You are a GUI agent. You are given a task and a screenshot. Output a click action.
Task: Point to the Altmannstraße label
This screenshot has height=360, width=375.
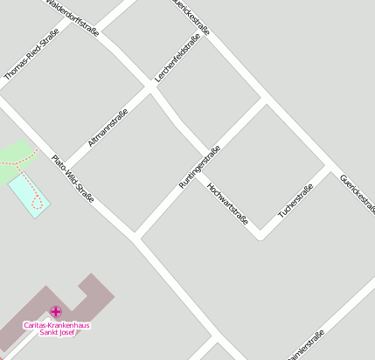point(108,127)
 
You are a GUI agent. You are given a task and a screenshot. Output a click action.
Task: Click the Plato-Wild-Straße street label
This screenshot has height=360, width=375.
point(73,178)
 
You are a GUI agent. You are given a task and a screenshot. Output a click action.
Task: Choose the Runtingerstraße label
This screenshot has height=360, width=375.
point(199,167)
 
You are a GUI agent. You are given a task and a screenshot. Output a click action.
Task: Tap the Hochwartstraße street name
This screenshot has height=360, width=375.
point(227,204)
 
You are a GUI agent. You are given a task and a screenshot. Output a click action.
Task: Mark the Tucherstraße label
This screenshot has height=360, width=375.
point(295,202)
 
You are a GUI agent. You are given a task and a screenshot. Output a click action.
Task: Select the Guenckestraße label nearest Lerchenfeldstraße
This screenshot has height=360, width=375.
point(191,19)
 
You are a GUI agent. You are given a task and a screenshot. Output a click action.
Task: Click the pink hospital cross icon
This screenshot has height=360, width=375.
point(56,311)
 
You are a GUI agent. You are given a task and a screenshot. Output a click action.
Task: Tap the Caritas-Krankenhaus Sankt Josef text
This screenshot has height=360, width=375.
point(56,329)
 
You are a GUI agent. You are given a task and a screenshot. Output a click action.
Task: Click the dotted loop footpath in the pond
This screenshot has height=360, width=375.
point(37,203)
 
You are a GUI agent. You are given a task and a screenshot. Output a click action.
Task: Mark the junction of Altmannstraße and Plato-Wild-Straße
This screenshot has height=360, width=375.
point(64,168)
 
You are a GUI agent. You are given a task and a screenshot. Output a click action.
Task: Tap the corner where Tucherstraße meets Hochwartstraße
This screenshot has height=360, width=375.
point(260,234)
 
